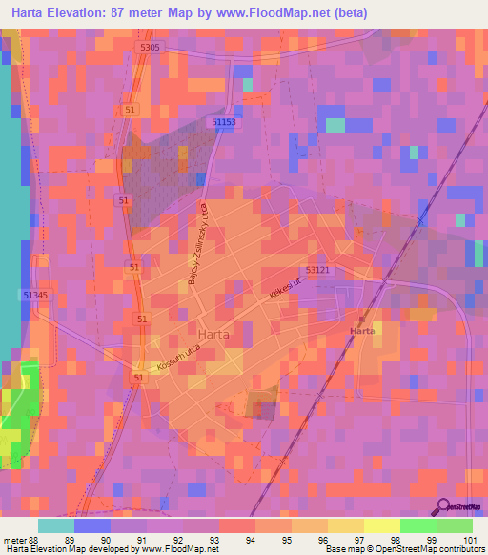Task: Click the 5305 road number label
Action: [x=150, y=47]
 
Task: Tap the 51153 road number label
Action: [x=224, y=122]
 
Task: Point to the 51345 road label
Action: [x=35, y=296]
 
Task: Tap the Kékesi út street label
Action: [x=284, y=291]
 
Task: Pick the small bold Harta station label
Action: [x=362, y=329]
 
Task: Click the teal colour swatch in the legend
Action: [x=56, y=525]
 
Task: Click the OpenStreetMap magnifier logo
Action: [x=441, y=506]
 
